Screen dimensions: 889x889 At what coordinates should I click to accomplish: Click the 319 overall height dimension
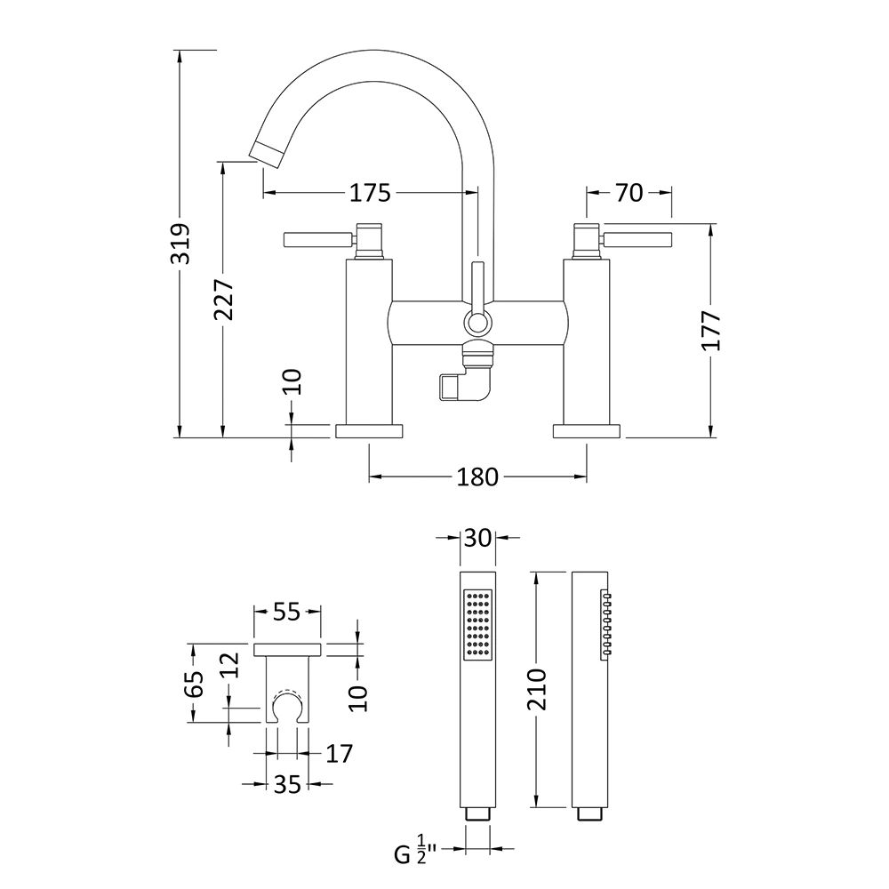[x=180, y=242]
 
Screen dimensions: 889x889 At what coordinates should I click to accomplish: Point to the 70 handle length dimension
[x=629, y=192]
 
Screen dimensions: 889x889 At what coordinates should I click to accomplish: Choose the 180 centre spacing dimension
[x=477, y=477]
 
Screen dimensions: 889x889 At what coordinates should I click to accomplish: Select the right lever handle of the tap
[x=637, y=238]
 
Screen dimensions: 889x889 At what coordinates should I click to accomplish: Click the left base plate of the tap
[x=369, y=431]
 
